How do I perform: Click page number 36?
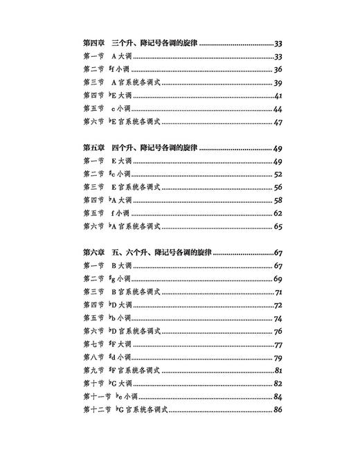[278, 69]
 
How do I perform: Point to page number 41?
[278, 96]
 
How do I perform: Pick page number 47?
[278, 122]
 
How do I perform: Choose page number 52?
[278, 174]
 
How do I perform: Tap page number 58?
[278, 201]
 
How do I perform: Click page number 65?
[278, 226]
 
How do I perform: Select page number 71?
[278, 292]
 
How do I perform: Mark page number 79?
[278, 358]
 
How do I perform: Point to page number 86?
[278, 411]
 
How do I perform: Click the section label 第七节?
[93, 345]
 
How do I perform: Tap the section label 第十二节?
[96, 411]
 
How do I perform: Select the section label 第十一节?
[96, 397]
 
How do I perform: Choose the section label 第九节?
[93, 371]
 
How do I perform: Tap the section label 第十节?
[93, 384]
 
